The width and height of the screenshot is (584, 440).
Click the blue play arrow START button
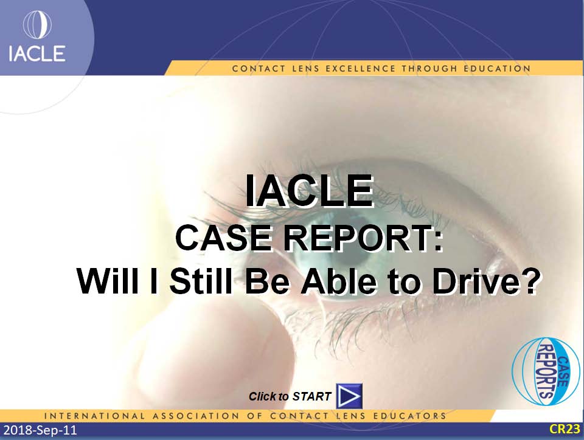(x=349, y=396)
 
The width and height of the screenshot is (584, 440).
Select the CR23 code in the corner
(x=565, y=429)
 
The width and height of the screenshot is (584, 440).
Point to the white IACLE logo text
(x=37, y=53)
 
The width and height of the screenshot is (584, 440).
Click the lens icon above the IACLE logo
(x=37, y=24)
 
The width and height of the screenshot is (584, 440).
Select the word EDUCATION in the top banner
(x=497, y=69)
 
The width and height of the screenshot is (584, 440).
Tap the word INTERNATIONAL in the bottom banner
(x=94, y=416)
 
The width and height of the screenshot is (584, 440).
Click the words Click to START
(x=290, y=396)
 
